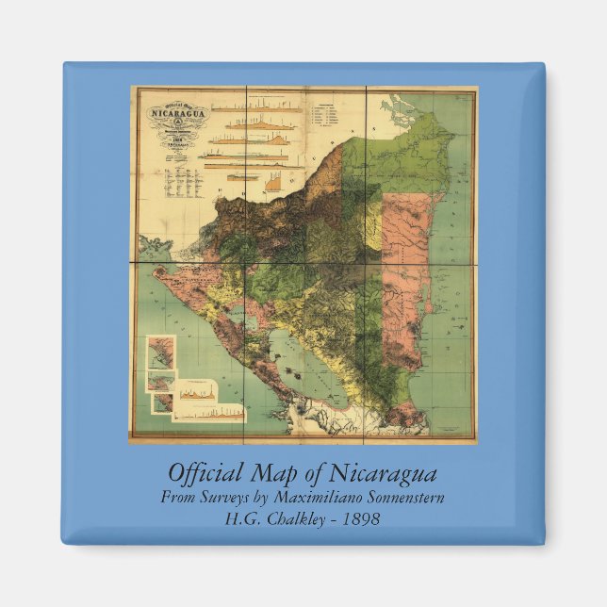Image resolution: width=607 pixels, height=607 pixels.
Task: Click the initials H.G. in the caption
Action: (243, 518)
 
